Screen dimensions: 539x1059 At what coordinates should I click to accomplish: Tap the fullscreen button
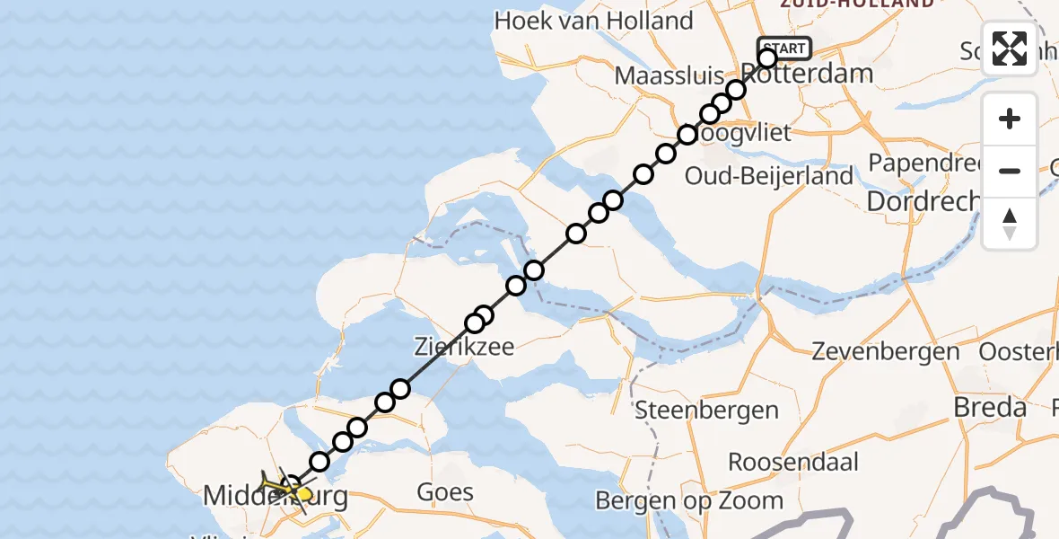pyautogui.click(x=1010, y=49)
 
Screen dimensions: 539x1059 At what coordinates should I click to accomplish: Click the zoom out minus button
pyautogui.click(x=1010, y=171)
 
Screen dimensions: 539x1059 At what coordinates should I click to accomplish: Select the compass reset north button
pyautogui.click(x=1010, y=223)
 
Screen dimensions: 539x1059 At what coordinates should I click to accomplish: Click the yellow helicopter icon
pyautogui.click(x=285, y=488)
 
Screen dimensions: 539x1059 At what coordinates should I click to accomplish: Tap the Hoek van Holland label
pyautogui.click(x=593, y=20)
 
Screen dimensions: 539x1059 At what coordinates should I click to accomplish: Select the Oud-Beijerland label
pyautogui.click(x=768, y=176)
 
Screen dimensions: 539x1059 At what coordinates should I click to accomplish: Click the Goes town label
pyautogui.click(x=445, y=491)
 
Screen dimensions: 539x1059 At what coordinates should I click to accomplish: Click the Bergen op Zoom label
pyautogui.click(x=702, y=500)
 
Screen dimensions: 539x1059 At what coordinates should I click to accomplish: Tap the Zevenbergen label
pyautogui.click(x=885, y=351)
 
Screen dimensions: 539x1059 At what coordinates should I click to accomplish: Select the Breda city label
pyautogui.click(x=990, y=407)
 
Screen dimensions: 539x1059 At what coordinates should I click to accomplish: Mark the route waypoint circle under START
pyautogui.click(x=767, y=58)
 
